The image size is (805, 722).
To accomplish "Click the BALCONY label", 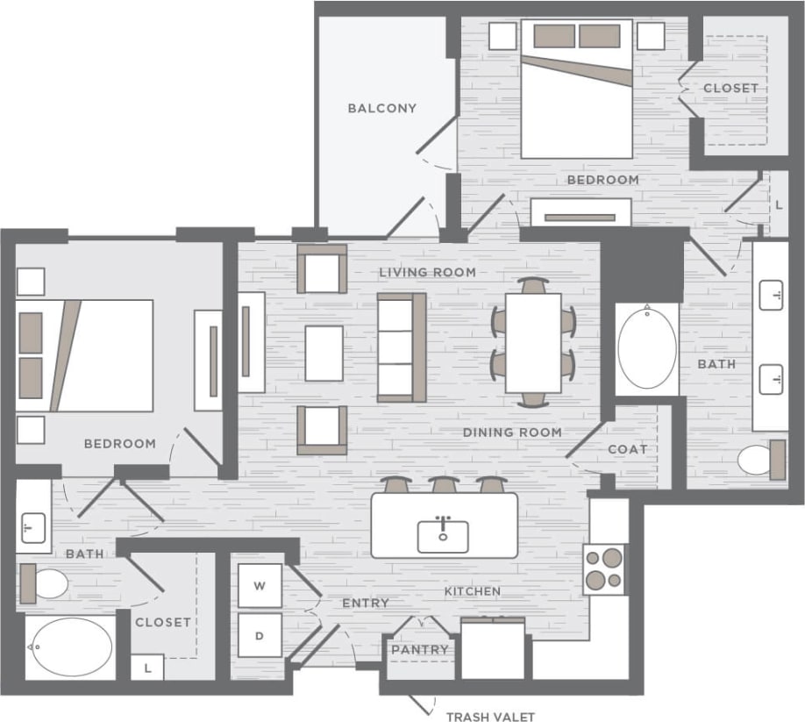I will point(381,109).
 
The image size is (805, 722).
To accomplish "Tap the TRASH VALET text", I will point(490,717).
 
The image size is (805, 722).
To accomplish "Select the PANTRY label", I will point(420,650).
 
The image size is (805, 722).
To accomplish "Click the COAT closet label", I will point(628,449).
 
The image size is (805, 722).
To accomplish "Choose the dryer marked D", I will point(260,635).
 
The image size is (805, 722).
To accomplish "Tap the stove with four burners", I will point(605,568).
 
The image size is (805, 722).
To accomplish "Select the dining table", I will point(533,342).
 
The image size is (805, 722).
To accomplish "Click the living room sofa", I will point(401,347).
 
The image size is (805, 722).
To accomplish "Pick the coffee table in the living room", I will point(324,353).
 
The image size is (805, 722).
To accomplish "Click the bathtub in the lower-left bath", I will point(70,647).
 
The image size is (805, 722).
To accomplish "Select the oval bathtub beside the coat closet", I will point(647,348).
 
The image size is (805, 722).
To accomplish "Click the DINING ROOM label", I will point(512,432).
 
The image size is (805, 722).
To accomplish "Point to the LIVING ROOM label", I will point(427,272).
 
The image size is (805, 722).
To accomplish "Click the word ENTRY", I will point(365,603).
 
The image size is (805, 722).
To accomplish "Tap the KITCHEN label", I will point(472,591).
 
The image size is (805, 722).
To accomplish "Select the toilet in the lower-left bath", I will point(47,583).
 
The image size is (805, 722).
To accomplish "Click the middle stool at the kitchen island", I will point(444,484).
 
